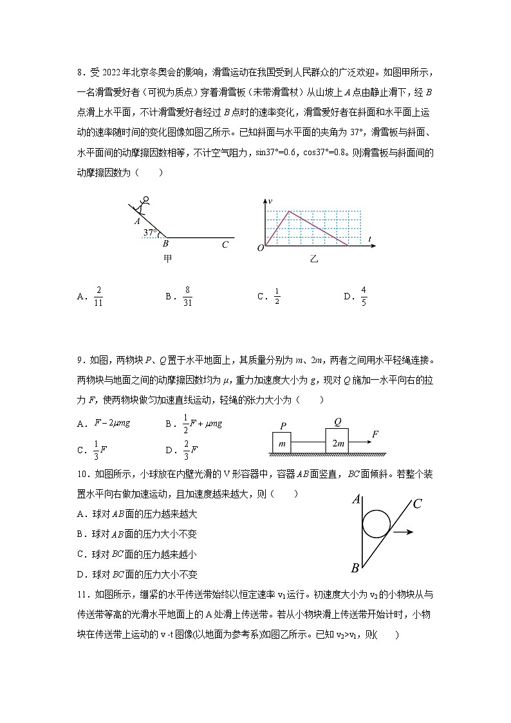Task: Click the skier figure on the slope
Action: click(143, 205)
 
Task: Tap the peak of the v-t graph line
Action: click(289, 211)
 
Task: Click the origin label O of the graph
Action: click(259, 248)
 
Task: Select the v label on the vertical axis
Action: click(270, 202)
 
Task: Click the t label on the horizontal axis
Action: click(371, 239)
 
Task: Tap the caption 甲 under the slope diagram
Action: click(167, 259)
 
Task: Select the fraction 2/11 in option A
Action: click(98, 296)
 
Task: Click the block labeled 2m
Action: click(337, 443)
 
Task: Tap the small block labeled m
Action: click(281, 443)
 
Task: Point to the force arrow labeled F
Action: click(360, 442)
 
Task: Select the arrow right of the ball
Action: click(404, 532)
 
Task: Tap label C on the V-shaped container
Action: click(417, 503)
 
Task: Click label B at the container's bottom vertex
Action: click(354, 568)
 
